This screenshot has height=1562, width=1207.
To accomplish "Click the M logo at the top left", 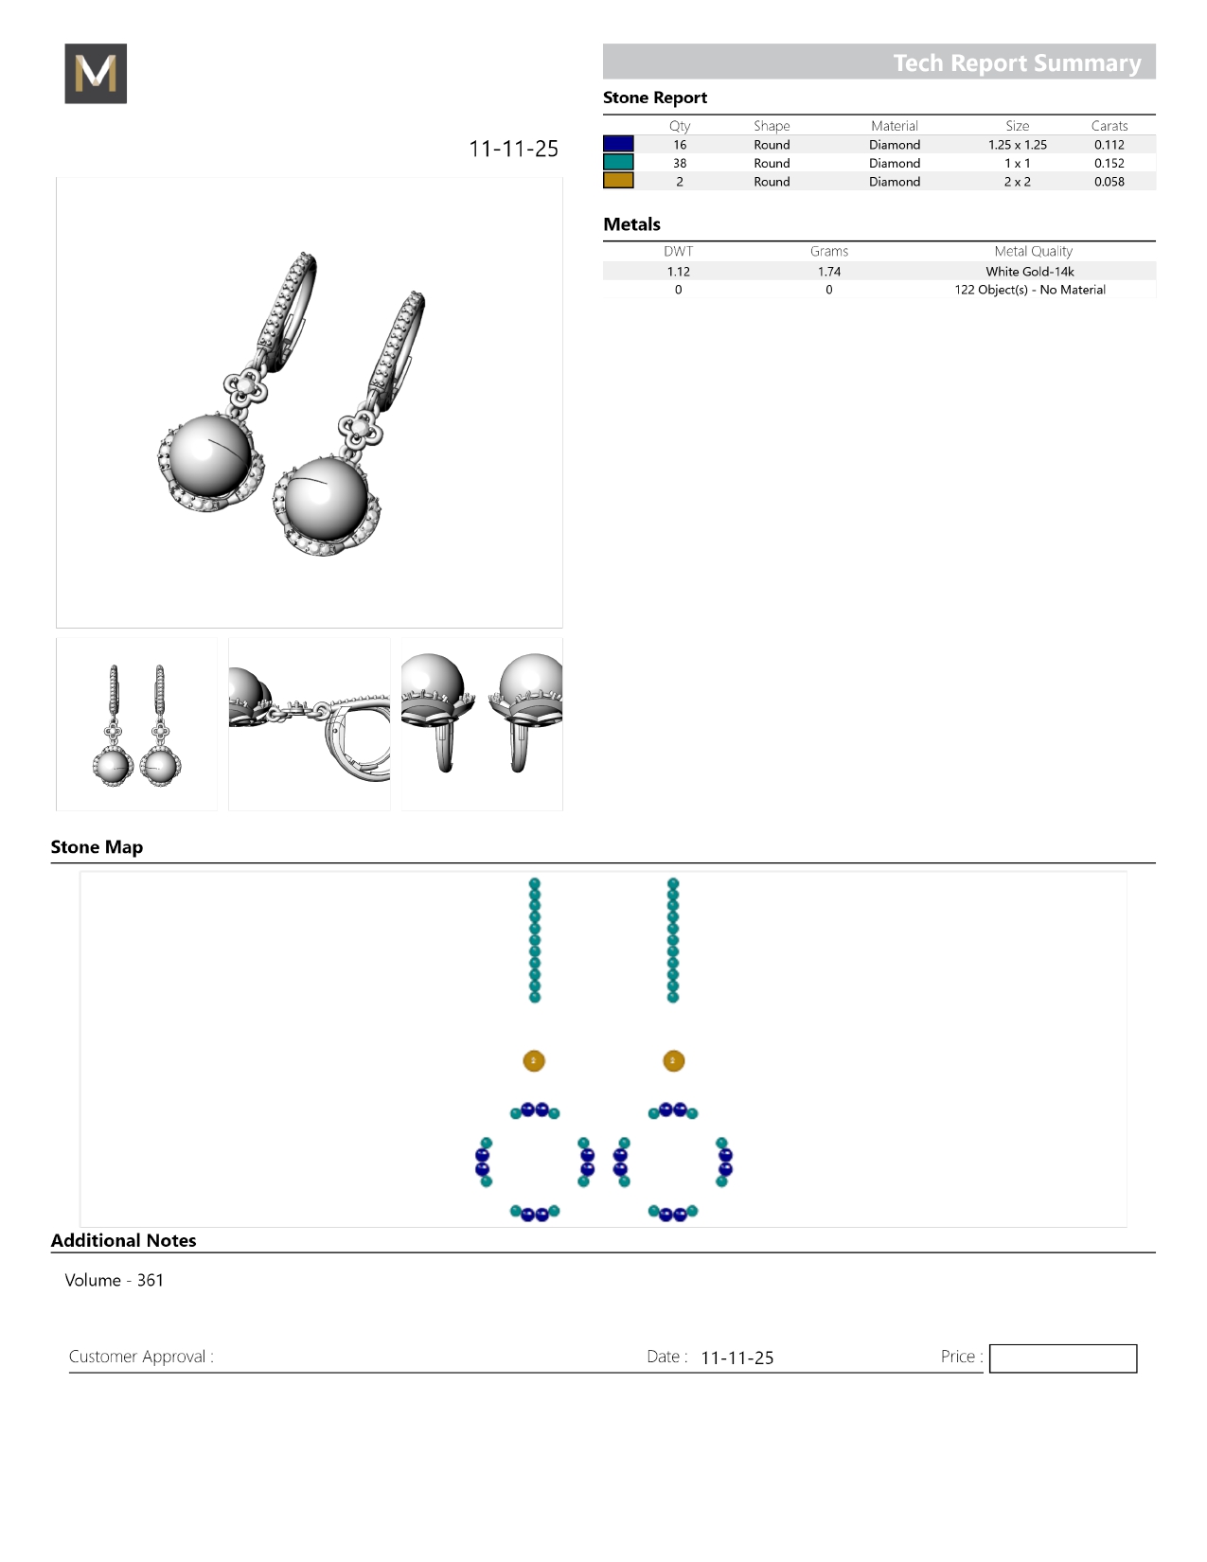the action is (96, 73).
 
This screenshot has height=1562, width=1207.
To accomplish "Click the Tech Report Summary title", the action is (1017, 63).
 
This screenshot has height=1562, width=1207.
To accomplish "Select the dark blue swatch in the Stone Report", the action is (618, 144).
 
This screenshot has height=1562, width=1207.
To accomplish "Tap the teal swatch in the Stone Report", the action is (618, 163).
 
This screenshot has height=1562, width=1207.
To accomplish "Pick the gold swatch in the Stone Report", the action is (618, 181).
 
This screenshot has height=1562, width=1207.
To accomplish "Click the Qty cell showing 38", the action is (680, 163).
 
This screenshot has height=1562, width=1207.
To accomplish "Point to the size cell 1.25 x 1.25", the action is (1017, 145).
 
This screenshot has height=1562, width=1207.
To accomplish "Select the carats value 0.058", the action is (1109, 182).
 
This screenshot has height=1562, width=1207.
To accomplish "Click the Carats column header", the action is (1109, 126).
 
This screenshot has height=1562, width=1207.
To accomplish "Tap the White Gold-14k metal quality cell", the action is (1029, 272).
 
